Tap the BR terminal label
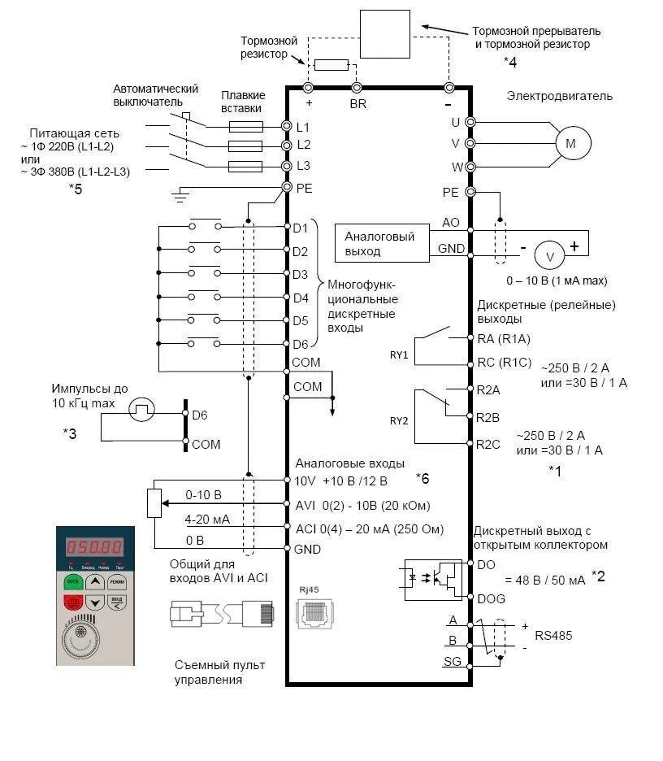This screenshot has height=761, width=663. [x=358, y=105]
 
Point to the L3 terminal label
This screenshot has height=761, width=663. [x=304, y=165]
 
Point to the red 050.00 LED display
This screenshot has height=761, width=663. [x=94, y=547]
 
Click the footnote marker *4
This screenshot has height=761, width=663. [x=509, y=61]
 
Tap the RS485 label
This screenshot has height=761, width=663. [x=553, y=635]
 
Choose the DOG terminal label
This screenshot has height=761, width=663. [x=492, y=598]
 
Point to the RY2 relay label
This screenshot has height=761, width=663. [x=399, y=421]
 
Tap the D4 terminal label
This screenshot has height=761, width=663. [x=301, y=298]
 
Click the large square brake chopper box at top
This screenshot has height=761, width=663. [x=384, y=33]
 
